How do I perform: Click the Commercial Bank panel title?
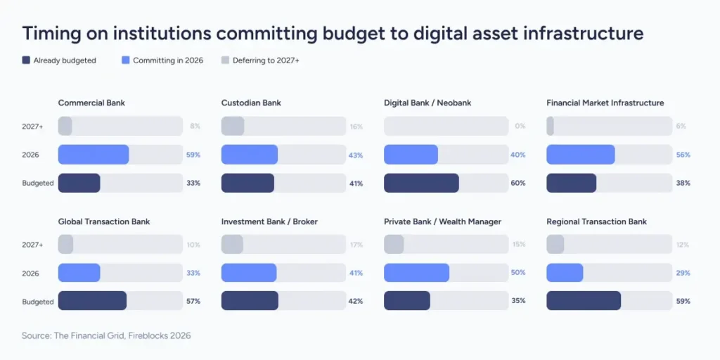[x=91, y=103]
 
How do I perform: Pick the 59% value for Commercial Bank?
[x=193, y=155]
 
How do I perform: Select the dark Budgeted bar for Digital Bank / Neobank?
[x=421, y=183]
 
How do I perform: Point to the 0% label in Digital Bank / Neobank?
[x=520, y=126]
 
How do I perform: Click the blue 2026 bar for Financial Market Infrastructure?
[x=580, y=155]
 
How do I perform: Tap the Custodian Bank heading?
[x=251, y=103]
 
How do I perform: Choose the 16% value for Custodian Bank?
[x=356, y=126]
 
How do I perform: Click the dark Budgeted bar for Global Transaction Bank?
[x=92, y=301]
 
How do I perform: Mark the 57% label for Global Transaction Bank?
[x=193, y=301]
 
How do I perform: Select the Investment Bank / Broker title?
[x=269, y=221]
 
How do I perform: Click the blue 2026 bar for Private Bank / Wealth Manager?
[x=416, y=273]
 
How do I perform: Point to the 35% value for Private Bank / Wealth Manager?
[x=519, y=301]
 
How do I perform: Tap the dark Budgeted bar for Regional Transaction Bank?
[x=584, y=301]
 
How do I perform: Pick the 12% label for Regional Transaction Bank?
[x=682, y=245]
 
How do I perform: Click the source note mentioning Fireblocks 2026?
[x=106, y=336]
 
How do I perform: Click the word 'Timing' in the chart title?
[x=51, y=33]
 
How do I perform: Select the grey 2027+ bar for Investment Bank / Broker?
[x=232, y=245]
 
